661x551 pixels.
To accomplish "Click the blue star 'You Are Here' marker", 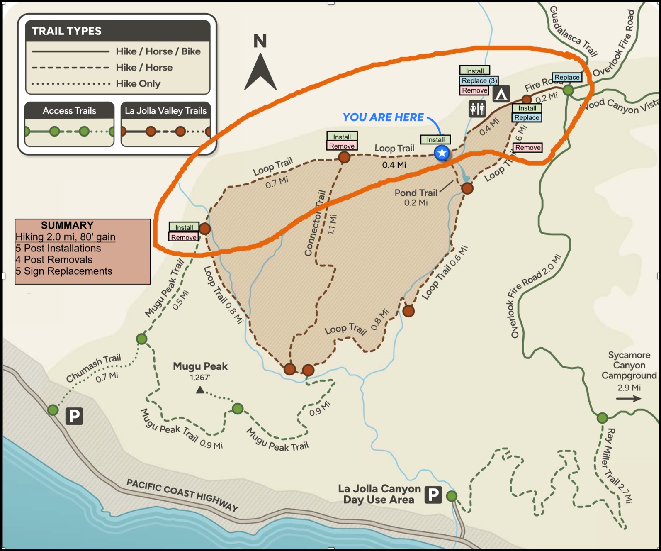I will tap(442, 153).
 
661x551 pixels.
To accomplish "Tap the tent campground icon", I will tap(501, 94).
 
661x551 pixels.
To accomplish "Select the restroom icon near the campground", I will tap(477, 109).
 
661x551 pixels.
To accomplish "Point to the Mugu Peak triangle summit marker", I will tap(200, 390).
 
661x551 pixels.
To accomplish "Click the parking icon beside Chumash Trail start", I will tap(75, 416).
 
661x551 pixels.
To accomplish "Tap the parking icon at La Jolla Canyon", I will tap(433, 495).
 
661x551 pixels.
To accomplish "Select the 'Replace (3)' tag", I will tap(479, 80).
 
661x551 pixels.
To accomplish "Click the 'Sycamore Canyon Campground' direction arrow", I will tap(628, 399).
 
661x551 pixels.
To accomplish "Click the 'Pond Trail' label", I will tap(416, 193).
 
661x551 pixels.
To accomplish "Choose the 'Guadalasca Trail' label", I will tap(573, 31).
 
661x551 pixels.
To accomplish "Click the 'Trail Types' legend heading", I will tap(67, 31).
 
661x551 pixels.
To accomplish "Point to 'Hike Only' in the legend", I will tap(138, 84).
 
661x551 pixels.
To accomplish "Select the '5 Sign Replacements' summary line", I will tap(64, 271).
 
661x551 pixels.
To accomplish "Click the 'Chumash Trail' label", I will tap(93, 368).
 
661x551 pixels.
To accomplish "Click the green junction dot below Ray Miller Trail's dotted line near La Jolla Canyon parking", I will tap(452, 496).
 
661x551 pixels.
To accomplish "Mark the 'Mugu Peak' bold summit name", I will tap(200, 366).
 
